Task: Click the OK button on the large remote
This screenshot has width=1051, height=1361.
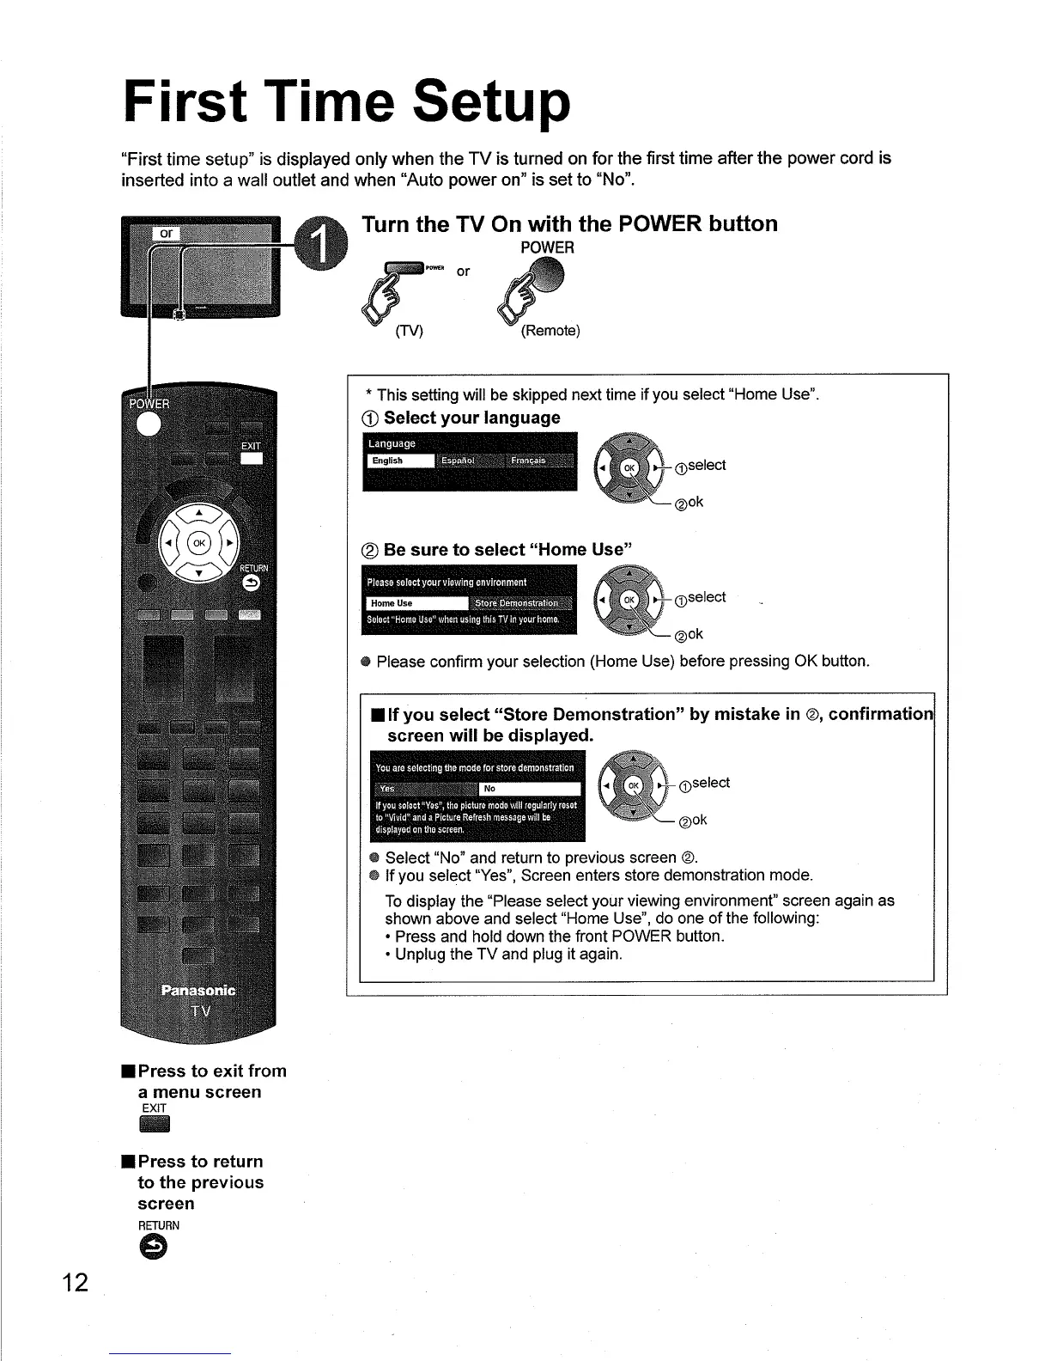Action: (x=199, y=543)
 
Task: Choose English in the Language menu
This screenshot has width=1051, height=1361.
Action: (x=399, y=461)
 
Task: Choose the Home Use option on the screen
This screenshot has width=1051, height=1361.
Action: (x=416, y=602)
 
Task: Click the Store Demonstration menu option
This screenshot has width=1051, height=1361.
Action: (x=522, y=602)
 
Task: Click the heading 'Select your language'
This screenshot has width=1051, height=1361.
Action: (x=471, y=418)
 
